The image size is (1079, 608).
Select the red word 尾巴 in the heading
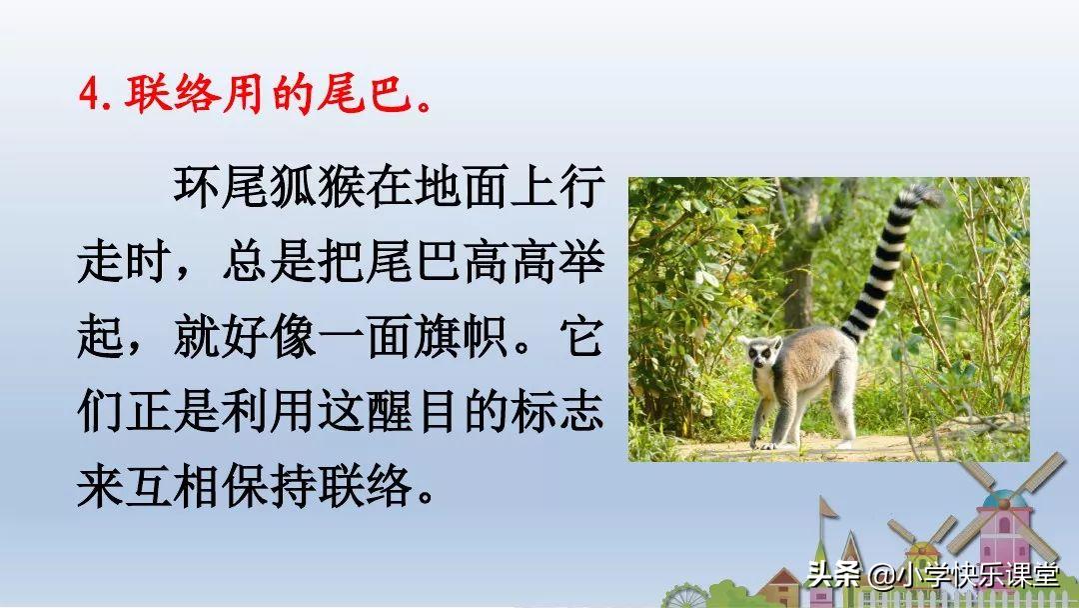[365, 94]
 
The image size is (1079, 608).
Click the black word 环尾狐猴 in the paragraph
[269, 186]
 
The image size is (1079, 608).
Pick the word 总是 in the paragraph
[269, 261]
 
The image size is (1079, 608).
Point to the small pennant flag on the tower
[828, 508]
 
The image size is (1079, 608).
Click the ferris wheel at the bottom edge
[684, 597]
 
